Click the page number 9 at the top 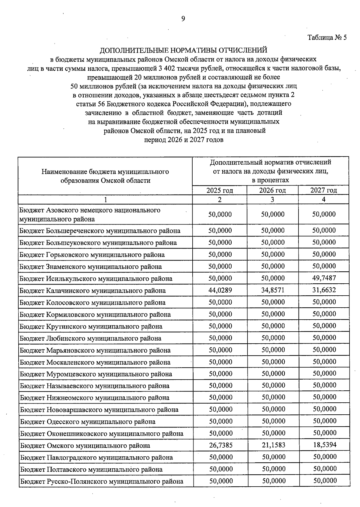[183, 19]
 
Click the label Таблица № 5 [327, 38]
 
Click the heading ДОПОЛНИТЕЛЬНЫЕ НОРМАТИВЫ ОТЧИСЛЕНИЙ [183, 50]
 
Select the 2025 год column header [220, 190]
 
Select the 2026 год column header [272, 190]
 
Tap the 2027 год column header [323, 190]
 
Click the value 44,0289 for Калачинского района [220, 290]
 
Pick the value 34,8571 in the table [273, 290]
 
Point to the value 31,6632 [324, 290]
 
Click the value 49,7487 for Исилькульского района [324, 278]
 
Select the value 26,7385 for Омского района [221, 445]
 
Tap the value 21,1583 [273, 445]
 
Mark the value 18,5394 [325, 445]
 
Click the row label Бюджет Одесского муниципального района [88, 422]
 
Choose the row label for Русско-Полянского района [102, 482]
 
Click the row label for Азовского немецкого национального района [90, 214]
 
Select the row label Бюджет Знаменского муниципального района [91, 267]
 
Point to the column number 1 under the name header [105, 200]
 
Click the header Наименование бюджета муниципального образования [105, 176]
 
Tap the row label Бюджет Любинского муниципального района [91, 338]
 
